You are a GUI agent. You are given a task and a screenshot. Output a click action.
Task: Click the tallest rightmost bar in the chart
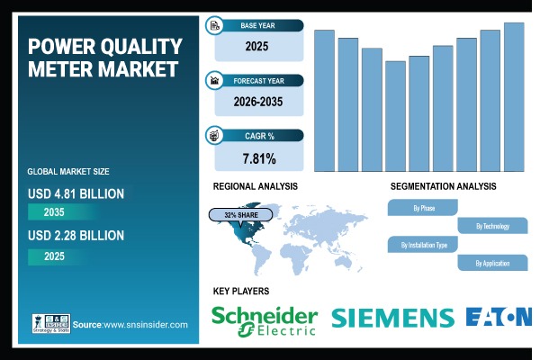pos(514,97)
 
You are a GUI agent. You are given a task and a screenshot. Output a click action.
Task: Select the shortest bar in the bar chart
pos(395,116)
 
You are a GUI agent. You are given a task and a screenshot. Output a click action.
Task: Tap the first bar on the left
pos(324,101)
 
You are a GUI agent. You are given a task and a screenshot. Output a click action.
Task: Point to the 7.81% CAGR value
pos(258,159)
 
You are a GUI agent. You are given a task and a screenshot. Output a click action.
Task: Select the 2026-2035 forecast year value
pos(258,102)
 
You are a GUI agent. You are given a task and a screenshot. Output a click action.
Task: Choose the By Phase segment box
pos(423,207)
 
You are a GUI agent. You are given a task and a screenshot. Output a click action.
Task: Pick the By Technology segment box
pos(492,226)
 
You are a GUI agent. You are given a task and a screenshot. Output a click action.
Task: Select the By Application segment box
pos(492,263)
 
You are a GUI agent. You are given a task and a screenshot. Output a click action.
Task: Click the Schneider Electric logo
pos(264,319)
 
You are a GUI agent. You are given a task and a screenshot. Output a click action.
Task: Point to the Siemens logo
pos(392,318)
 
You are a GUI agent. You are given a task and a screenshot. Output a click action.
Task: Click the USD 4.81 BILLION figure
pos(76,193)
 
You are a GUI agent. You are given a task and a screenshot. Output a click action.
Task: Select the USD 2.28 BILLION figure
pos(76,236)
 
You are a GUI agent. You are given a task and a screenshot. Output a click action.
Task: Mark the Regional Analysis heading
pos(256,186)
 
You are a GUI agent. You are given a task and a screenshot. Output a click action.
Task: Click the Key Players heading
pos(240,291)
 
